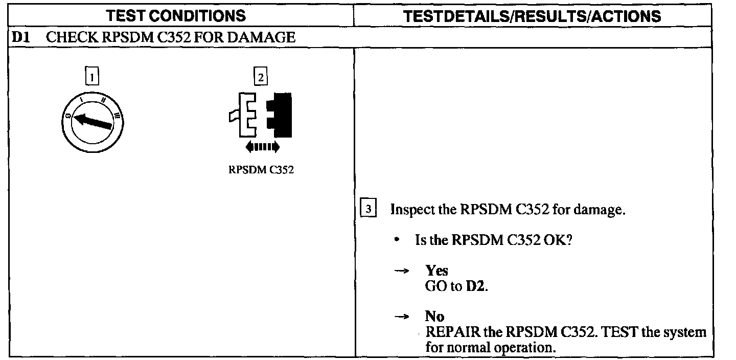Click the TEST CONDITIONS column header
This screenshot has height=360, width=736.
pyautogui.click(x=176, y=16)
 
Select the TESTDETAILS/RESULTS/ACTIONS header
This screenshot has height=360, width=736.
pyautogui.click(x=532, y=16)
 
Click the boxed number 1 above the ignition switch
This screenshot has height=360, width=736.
pyautogui.click(x=91, y=77)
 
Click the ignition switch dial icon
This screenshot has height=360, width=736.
pyautogui.click(x=90, y=123)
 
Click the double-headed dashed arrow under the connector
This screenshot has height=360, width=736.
pyautogui.click(x=262, y=147)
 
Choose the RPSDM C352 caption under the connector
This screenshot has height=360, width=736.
pyautogui.click(x=261, y=170)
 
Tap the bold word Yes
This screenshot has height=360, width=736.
pyautogui.click(x=436, y=271)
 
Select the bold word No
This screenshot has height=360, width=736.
pyautogui.click(x=434, y=317)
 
